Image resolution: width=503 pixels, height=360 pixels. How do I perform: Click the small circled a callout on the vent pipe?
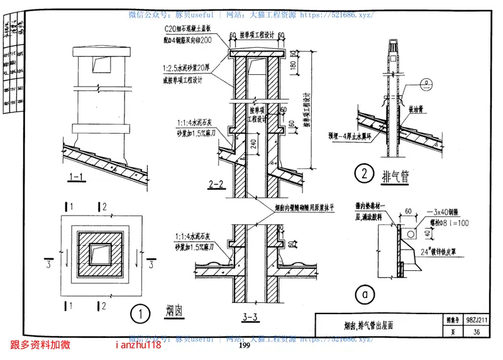(426, 82)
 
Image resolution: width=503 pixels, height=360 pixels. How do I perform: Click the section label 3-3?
(250, 317)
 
